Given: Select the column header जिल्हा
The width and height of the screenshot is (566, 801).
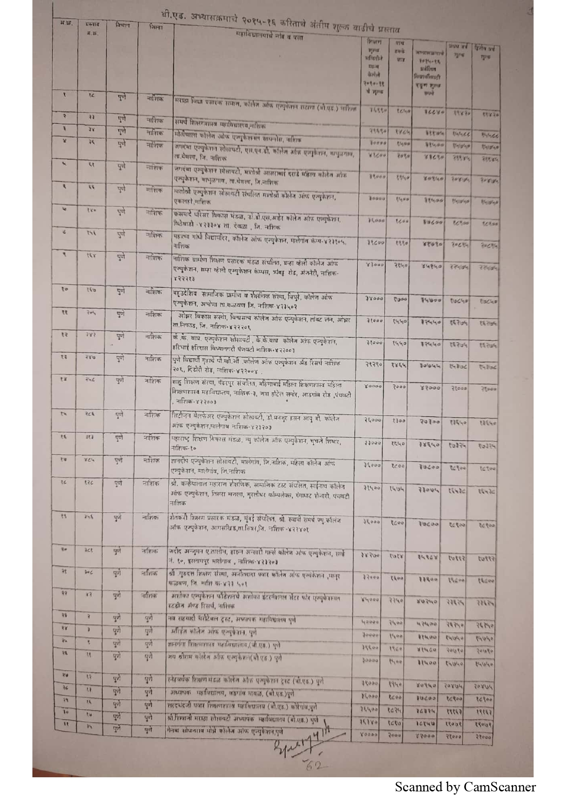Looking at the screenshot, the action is click(156, 27).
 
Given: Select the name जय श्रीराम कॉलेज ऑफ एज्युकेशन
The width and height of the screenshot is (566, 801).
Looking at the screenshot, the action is click(224, 658).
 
